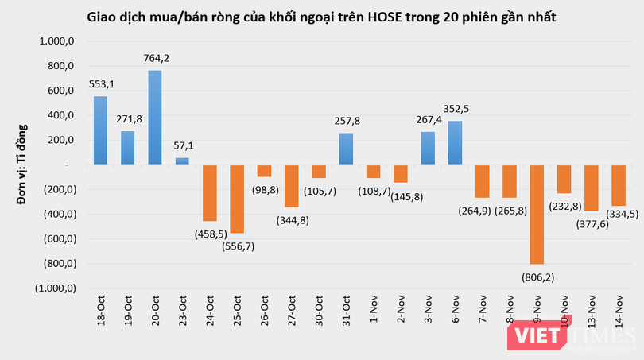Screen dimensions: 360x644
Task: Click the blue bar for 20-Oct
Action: pos(155,118)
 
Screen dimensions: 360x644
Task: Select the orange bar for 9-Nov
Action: pos(536,215)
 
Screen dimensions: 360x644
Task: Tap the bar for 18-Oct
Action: pos(100,130)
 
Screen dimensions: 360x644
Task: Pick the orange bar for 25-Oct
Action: pos(237,199)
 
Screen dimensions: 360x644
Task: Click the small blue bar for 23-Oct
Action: pos(182,161)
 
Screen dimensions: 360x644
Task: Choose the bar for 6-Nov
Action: pos(455,143)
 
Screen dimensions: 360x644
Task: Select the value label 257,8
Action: pos(346,121)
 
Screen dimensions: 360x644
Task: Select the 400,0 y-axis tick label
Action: pos(60,115)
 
